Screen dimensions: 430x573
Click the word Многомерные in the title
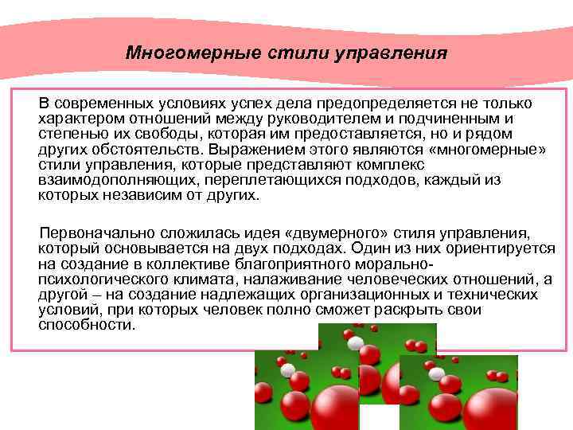point(177,53)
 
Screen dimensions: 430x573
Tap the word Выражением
point(243,149)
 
